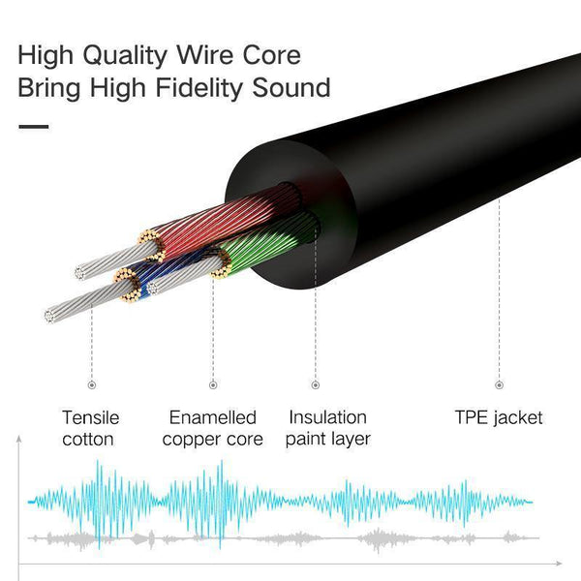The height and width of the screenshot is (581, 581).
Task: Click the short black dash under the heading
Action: pyautogui.click(x=33, y=125)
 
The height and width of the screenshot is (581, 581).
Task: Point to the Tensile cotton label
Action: pyautogui.click(x=91, y=428)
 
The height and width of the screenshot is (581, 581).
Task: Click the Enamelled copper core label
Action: pyautogui.click(x=213, y=428)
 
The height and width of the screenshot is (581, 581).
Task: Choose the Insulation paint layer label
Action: pyautogui.click(x=328, y=428)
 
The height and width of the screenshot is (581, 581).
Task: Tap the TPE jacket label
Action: pyautogui.click(x=499, y=418)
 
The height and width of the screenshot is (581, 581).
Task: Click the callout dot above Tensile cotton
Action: pyautogui.click(x=91, y=384)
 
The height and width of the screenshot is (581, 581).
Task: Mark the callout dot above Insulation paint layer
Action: pyautogui.click(x=315, y=384)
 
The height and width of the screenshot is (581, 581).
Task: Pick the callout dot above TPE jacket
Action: pyautogui.click(x=499, y=384)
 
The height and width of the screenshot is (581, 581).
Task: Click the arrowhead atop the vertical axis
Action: pyautogui.click(x=19, y=441)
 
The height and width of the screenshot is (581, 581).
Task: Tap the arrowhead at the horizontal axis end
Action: pyautogui.click(x=563, y=563)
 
